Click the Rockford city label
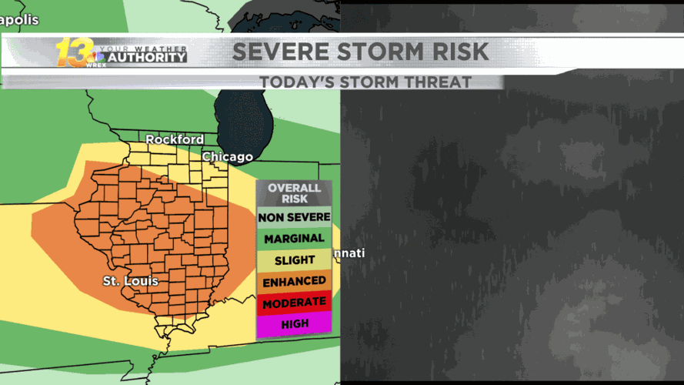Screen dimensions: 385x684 click(x=175, y=139)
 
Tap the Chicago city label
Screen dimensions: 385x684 click(x=227, y=156)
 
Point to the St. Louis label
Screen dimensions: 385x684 click(x=131, y=281)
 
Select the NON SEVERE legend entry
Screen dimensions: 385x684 click(x=294, y=217)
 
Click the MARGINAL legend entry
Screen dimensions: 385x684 click(x=294, y=239)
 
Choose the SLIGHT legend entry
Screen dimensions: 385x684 click(x=294, y=260)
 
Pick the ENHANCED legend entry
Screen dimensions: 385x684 click(x=294, y=282)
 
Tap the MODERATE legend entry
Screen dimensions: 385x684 click(x=294, y=303)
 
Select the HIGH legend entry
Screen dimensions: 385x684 click(x=294, y=324)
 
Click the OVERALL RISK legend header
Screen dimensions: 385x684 click(x=294, y=193)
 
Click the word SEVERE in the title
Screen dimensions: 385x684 click(x=273, y=52)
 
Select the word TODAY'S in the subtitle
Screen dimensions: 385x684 click(x=296, y=82)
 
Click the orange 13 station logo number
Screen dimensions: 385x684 click(x=73, y=52)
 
